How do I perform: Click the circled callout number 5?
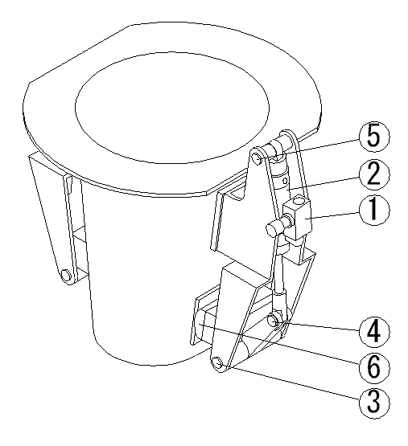coord(374,137)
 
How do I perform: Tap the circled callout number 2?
coord(374,174)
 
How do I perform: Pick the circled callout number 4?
coord(374,332)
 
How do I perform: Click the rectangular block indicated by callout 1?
coord(298,217)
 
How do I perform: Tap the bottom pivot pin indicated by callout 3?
coord(219,364)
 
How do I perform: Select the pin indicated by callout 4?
coord(274,321)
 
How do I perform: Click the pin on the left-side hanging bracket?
coord(66,275)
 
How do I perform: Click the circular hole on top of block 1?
coord(299,202)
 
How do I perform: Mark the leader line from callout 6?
coord(279,344)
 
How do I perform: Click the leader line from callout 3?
coord(292,382)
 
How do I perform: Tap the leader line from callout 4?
coord(320,326)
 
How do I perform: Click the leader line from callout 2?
coord(323,183)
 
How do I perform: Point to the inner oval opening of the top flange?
coord(172,108)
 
